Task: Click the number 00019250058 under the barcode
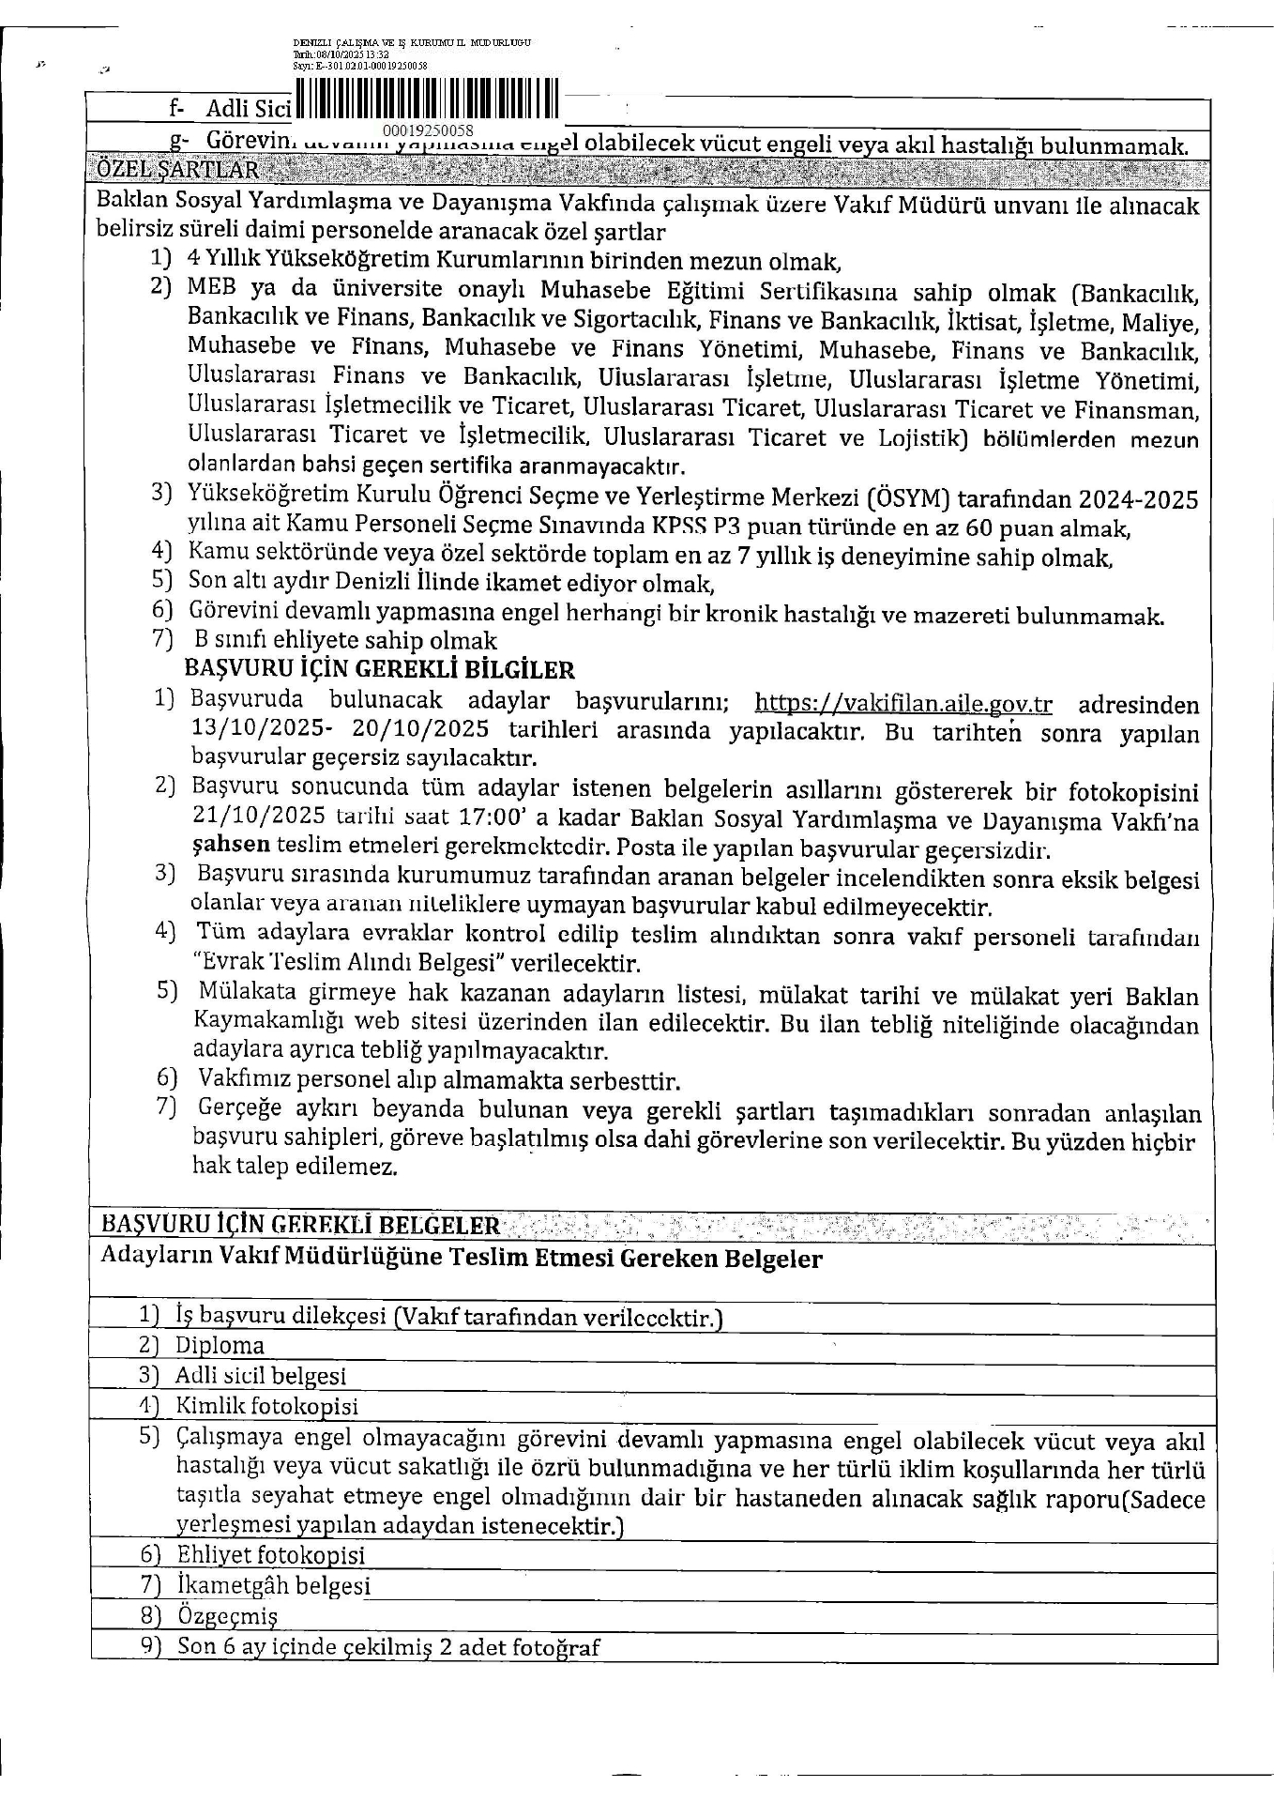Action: click(x=428, y=130)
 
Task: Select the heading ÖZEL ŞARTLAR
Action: click(x=178, y=170)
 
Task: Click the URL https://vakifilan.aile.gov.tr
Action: click(x=903, y=704)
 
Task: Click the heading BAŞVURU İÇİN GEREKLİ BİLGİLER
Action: click(x=379, y=670)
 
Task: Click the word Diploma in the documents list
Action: click(x=220, y=1345)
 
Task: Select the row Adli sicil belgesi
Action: click(x=261, y=1376)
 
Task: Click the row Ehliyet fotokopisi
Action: click(x=270, y=1554)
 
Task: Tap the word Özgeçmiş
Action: click(x=228, y=1616)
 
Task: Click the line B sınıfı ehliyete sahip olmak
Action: click(x=345, y=641)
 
